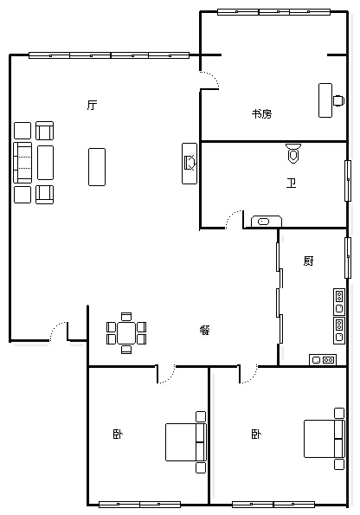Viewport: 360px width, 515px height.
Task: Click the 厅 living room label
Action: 93,105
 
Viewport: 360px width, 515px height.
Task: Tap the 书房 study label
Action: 262,114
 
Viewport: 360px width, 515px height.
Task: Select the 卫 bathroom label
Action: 291,183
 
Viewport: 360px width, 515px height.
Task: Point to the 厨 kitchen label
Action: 308,261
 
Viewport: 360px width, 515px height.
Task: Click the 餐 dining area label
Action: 204,330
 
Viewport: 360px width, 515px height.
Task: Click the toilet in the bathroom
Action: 293,153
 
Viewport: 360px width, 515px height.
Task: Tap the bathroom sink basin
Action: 266,222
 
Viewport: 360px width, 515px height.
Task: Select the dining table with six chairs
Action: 126,333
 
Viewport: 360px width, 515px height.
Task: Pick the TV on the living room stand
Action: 190,163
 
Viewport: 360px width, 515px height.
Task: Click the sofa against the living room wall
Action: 22,163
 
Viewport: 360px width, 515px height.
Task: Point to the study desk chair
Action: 338,100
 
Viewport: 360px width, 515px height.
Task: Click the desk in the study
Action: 325,100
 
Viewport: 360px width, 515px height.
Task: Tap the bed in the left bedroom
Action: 186,442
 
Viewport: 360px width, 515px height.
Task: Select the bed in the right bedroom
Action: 325,439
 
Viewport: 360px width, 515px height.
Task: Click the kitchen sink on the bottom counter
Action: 323,360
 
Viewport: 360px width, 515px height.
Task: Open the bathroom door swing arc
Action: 232,216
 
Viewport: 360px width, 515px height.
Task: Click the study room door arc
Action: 210,78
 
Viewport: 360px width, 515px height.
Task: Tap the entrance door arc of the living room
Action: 57,330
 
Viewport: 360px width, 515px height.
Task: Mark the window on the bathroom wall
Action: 348,181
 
